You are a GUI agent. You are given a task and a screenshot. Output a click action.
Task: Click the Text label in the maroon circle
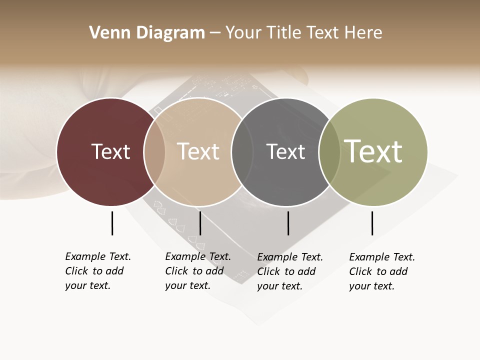110,151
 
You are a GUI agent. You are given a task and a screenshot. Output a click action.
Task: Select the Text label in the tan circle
198,151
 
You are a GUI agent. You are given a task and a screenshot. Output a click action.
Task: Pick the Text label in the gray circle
285,151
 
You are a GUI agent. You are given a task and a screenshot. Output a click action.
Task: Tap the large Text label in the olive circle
373,151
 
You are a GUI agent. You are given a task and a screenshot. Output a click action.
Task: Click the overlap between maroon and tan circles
154,152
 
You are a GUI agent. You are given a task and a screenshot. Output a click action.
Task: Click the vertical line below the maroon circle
112,223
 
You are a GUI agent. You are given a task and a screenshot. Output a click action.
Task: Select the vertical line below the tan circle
200,223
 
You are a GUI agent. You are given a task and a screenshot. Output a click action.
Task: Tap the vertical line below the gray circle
288,223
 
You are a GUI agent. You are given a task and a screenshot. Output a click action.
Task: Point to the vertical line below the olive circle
372,223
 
